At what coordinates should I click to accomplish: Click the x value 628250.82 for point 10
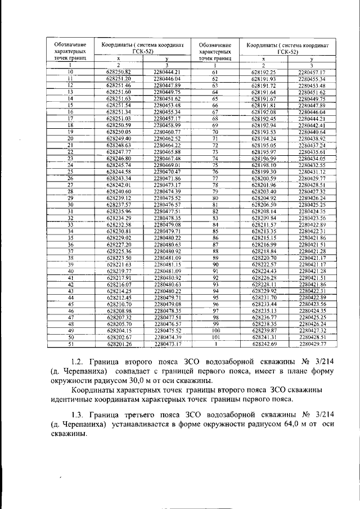118,73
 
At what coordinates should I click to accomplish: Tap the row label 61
215,73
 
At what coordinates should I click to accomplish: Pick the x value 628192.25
264,73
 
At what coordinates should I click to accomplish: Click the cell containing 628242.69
264,343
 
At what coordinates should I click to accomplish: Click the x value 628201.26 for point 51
118,343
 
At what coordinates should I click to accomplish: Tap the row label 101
215,336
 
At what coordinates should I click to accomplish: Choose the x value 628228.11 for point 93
264,284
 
